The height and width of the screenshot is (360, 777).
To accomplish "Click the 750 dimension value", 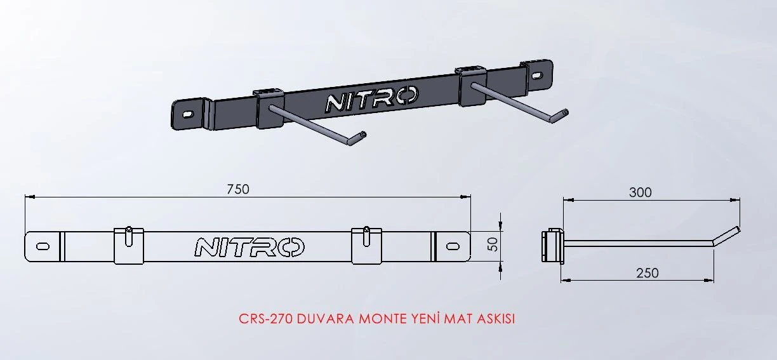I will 238,189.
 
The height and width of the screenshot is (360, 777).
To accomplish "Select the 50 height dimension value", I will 492,244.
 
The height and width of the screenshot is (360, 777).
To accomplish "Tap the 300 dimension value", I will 640,192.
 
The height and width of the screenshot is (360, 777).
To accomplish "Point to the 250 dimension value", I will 647,272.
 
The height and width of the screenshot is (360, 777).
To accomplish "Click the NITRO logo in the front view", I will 249,247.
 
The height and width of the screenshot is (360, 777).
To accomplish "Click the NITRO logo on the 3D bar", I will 371,100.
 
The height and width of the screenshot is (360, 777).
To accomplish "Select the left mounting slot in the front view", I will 44,246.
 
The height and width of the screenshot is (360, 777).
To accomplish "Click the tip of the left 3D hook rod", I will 362,134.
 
